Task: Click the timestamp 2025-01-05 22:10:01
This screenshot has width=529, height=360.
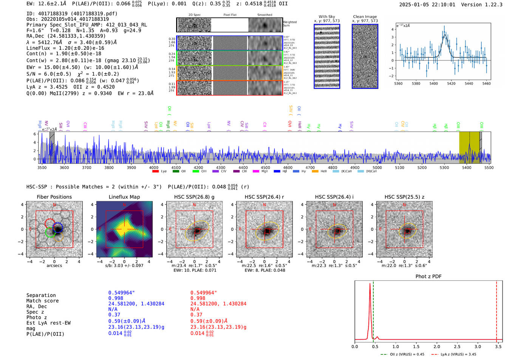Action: click(x=427, y=5)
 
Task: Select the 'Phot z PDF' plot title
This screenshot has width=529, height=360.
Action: click(x=428, y=277)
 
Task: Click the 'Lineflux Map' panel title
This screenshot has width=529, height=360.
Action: click(x=124, y=197)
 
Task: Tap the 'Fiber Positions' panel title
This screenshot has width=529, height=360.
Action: click(x=54, y=197)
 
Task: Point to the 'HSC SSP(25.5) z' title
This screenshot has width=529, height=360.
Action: click(x=404, y=197)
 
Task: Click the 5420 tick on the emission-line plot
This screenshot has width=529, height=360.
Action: click(x=451, y=83)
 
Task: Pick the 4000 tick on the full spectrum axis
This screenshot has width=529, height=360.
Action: click(x=153, y=167)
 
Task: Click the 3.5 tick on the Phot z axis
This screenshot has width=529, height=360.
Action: click(x=498, y=346)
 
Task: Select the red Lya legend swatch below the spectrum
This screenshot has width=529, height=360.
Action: click(x=155, y=172)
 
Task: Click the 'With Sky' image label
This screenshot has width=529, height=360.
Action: click(x=326, y=17)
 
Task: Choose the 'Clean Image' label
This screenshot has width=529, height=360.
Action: click(x=365, y=17)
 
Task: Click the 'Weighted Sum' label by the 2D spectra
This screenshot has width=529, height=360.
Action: click(x=290, y=23)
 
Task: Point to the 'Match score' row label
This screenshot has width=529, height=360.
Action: click(x=42, y=301)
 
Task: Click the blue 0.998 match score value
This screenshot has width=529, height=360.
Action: click(x=116, y=298)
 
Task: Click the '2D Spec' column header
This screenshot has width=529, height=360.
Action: click(x=194, y=15)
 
